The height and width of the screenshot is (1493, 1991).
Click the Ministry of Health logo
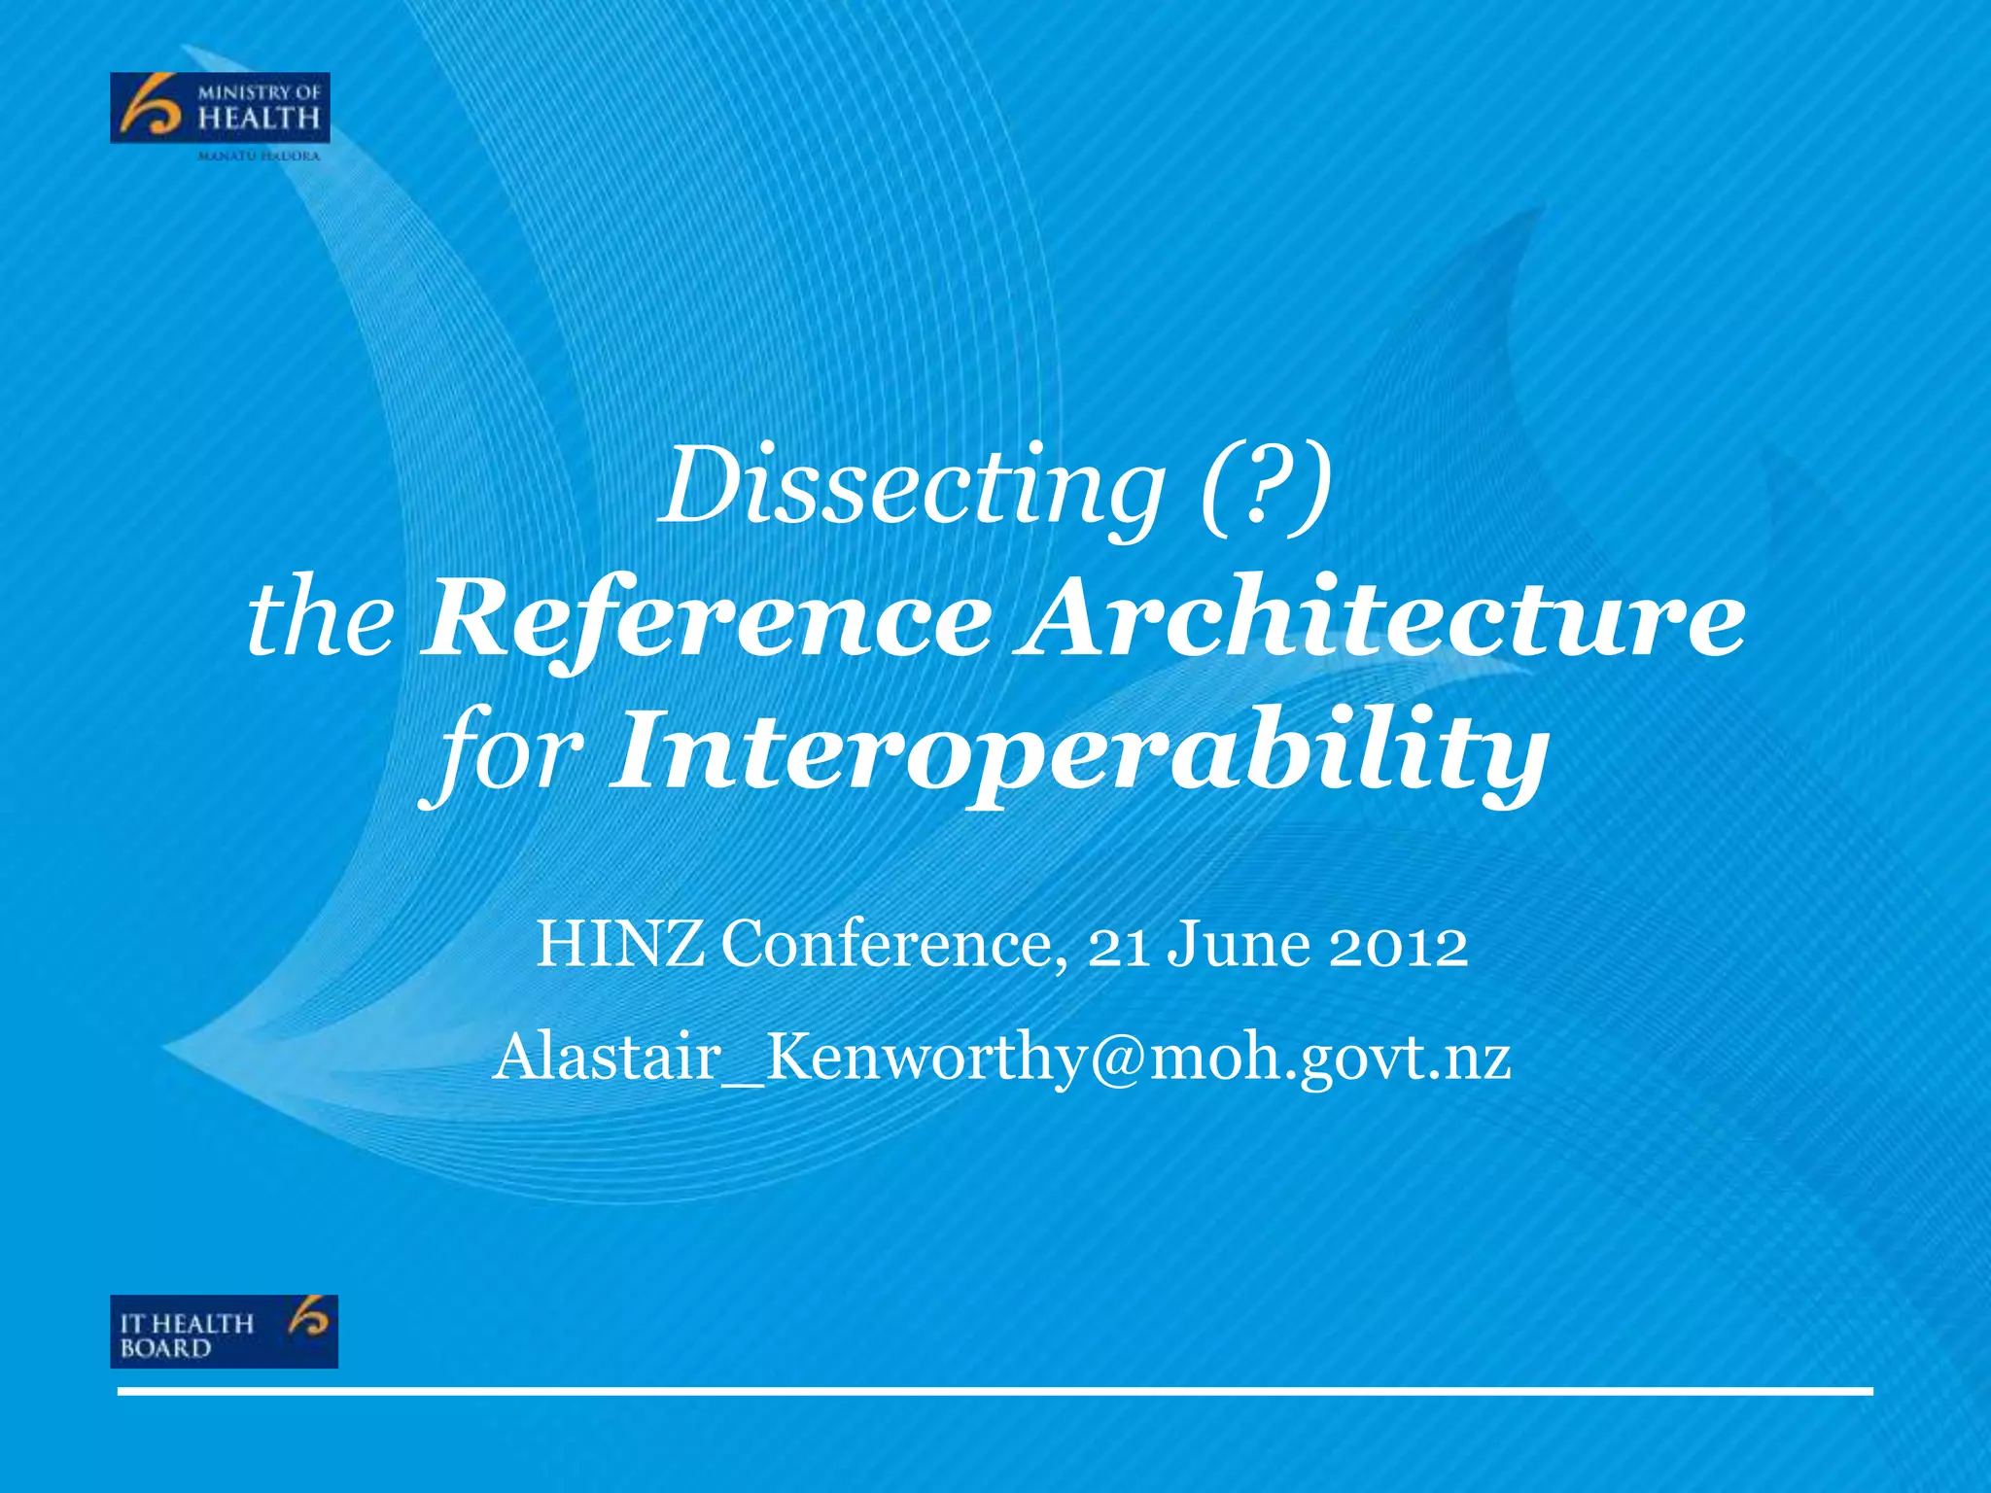(x=220, y=108)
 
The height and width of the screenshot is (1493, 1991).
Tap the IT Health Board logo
(x=224, y=1331)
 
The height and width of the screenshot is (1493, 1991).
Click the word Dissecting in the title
(x=911, y=485)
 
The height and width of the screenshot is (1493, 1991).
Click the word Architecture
(x=1379, y=618)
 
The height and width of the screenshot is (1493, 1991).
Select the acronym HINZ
(x=620, y=944)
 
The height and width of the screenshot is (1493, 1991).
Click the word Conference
(x=892, y=944)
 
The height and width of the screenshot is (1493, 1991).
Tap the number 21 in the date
(x=1118, y=945)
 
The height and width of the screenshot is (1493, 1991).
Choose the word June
(x=1238, y=944)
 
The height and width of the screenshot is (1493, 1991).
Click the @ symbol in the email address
(x=1117, y=1058)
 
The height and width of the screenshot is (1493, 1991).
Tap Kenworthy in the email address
(x=923, y=1058)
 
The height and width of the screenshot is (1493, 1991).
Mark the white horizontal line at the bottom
(x=995, y=1392)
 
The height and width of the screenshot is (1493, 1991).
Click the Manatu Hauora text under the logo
(x=259, y=156)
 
